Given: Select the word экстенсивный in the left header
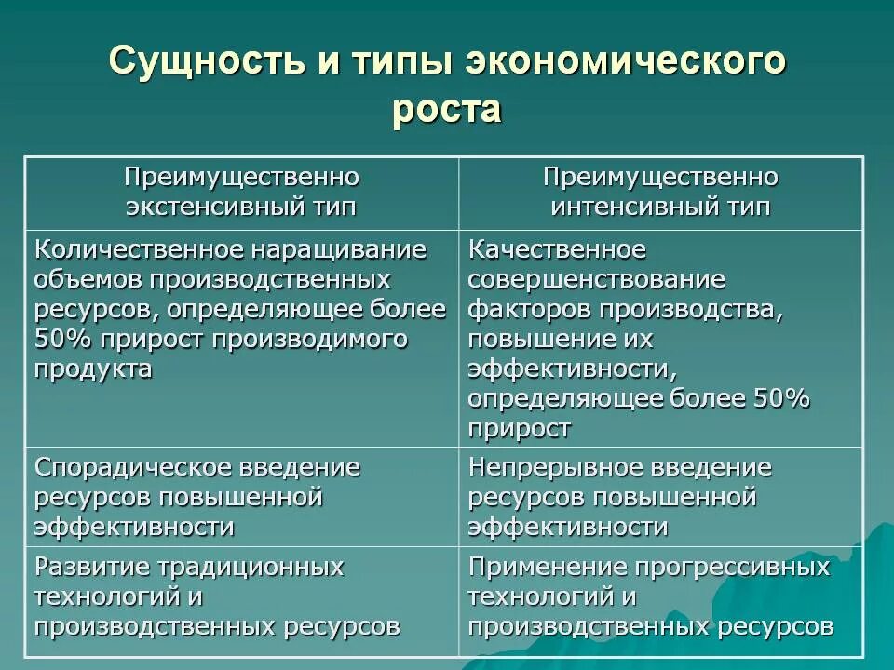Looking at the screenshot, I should pos(201,207).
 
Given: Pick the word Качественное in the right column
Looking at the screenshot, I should pos(557,250).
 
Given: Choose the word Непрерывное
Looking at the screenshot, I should pos(553,466).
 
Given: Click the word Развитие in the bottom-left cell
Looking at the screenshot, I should pos(93,567).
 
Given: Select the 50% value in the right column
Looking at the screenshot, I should pos(779,398).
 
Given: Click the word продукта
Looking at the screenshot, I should pos(93,368).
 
